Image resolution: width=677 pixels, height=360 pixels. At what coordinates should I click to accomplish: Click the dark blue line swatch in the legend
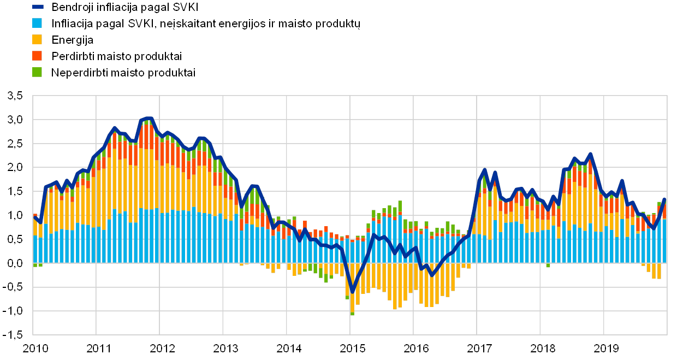click(38, 7)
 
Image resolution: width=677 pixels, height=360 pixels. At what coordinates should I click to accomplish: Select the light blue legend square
click(38, 23)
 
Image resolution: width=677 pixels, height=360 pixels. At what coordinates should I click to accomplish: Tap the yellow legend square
click(38, 39)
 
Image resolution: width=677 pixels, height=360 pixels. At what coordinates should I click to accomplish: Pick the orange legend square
click(38, 56)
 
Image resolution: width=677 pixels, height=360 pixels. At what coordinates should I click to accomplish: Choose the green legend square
click(38, 72)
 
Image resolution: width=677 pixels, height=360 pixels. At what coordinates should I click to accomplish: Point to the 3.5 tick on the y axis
click(15, 96)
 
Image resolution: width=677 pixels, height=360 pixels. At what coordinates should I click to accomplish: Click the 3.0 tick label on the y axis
click(15, 120)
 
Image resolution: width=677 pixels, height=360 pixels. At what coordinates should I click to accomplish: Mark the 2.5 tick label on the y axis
click(15, 144)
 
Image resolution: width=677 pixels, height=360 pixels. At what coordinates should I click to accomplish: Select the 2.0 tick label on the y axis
click(15, 168)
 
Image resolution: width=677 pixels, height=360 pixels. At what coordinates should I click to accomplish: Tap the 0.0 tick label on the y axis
click(15, 263)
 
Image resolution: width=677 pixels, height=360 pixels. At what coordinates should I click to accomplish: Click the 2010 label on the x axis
click(35, 348)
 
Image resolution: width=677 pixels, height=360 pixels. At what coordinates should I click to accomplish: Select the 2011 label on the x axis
click(98, 348)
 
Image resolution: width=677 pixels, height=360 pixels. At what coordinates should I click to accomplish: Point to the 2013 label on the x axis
click(225, 348)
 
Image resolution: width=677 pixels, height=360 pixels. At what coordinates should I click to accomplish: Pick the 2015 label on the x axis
click(352, 348)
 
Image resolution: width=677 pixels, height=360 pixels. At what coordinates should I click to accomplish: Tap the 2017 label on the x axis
click(479, 348)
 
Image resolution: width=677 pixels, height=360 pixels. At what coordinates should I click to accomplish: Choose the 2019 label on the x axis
click(606, 348)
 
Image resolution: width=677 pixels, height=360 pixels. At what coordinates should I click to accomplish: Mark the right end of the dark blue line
click(664, 199)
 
